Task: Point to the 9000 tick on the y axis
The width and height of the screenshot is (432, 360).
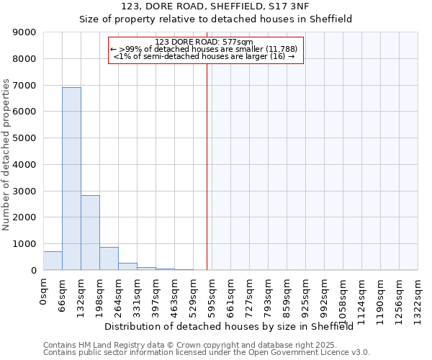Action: pyautogui.click(x=27, y=32)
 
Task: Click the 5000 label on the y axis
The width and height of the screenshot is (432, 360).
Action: pyautogui.click(x=27, y=138)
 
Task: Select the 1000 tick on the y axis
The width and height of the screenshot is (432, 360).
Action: pyautogui.click(x=27, y=244)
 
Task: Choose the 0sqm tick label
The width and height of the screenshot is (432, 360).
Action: pyautogui.click(x=43, y=292)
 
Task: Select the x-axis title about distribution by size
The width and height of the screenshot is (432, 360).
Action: pyautogui.click(x=234, y=326)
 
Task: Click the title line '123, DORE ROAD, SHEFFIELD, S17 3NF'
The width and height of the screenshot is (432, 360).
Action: pyautogui.click(x=215, y=7)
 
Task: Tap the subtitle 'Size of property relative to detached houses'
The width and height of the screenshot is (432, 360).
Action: pyautogui.click(x=215, y=19)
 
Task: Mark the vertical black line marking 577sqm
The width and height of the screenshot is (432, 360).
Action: pyautogui.click(x=207, y=166)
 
